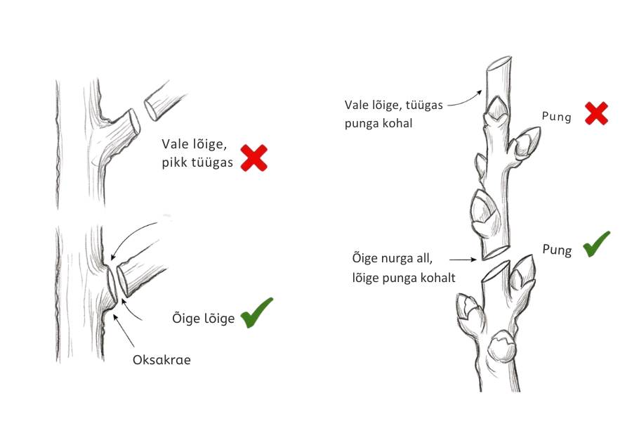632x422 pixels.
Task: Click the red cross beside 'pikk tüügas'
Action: click(254, 158)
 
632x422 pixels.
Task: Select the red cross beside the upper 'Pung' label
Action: click(596, 113)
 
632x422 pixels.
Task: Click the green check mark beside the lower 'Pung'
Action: click(595, 245)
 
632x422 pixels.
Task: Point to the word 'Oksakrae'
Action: click(162, 360)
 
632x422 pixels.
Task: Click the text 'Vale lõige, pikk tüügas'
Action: click(197, 153)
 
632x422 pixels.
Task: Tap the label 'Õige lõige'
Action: click(203, 318)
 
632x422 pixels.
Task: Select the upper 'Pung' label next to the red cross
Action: click(556, 117)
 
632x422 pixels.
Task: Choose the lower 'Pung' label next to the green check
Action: click(557, 250)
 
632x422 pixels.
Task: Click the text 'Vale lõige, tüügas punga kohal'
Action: click(393, 114)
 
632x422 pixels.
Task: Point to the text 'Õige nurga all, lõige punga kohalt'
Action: click(404, 268)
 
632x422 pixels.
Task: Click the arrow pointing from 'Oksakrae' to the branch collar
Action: click(124, 331)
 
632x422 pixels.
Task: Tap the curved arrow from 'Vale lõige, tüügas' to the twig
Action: click(465, 100)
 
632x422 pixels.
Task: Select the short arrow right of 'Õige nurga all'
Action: click(463, 260)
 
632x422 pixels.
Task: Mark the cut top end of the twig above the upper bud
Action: click(500, 63)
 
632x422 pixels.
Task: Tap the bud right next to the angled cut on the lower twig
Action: click(522, 273)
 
